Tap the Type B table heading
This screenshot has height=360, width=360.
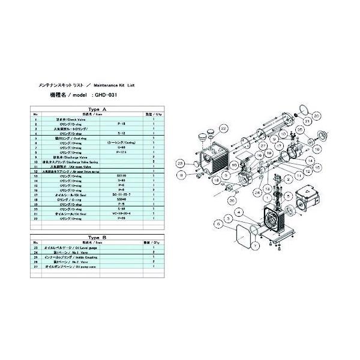(x=97, y=237)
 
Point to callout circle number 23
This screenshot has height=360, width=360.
(x=180, y=162)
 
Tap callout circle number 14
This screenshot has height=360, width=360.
(x=310, y=161)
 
